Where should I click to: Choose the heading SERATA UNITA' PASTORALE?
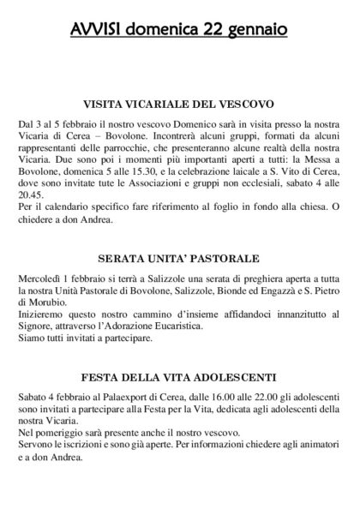[x=180, y=258]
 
